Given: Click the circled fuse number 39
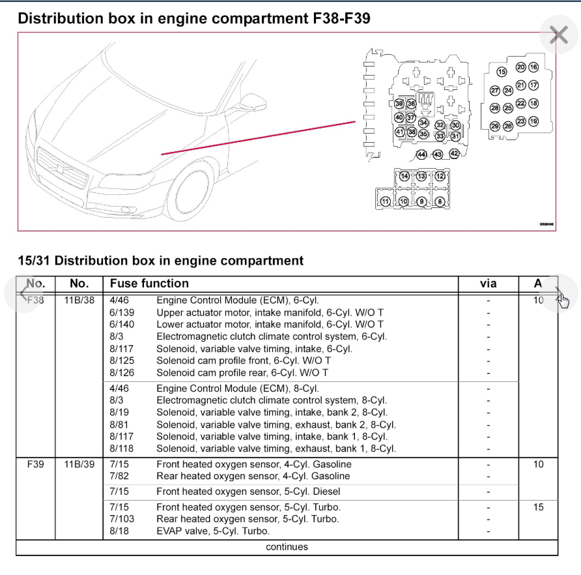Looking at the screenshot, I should (x=399, y=104).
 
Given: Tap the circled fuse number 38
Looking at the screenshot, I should (x=412, y=132).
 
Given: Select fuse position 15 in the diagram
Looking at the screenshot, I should (x=502, y=72).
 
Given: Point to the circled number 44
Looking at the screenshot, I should (x=421, y=155).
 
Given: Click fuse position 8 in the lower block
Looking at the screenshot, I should (x=440, y=201).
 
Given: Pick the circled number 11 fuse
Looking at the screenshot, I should (x=386, y=201).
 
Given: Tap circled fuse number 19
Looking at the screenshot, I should (x=533, y=121).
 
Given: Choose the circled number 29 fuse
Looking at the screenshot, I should (x=495, y=126).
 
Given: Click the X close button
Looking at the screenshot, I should (x=559, y=35).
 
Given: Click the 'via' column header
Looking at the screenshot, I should (x=488, y=284).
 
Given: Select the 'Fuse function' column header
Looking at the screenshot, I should (x=149, y=284).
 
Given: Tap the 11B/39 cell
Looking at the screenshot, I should (x=79, y=465).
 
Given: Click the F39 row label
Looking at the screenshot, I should (x=35, y=465).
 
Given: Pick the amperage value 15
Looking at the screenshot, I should (x=538, y=507).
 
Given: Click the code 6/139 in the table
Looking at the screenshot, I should (x=122, y=312).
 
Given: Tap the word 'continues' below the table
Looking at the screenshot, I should (x=287, y=547).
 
